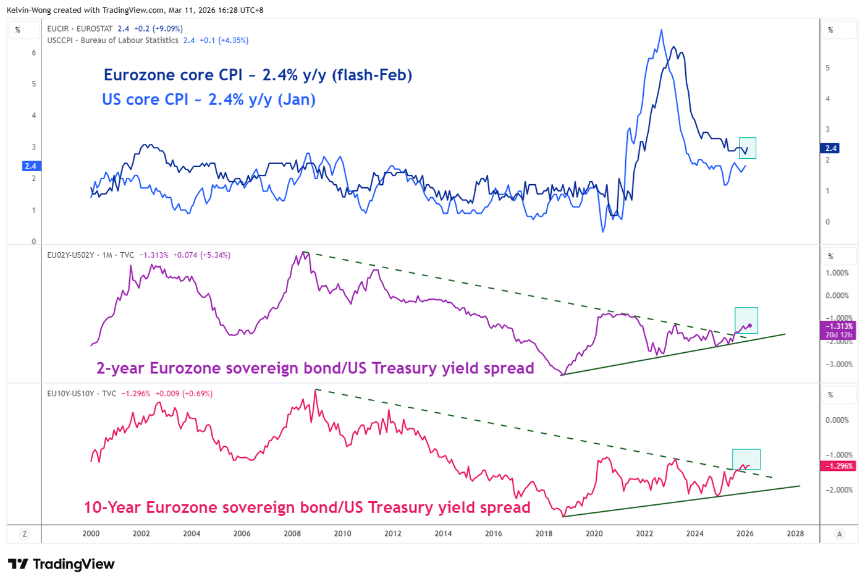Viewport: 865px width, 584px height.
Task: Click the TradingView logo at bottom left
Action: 61,564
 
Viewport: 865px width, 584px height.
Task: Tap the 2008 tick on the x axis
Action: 292,533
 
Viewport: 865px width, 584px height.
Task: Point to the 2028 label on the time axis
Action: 795,533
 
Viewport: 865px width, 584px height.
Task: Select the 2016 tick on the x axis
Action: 494,533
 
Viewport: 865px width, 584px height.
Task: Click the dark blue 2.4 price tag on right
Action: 830,148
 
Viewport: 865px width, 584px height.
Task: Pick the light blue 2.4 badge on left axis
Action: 30,166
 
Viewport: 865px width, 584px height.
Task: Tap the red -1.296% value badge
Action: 839,466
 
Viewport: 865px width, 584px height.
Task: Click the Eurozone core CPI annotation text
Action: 258,75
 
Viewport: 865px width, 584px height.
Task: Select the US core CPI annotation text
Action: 209,99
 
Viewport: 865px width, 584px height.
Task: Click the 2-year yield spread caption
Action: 315,368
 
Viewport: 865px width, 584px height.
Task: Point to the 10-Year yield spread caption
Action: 307,507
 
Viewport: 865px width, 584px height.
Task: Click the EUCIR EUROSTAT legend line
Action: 115,28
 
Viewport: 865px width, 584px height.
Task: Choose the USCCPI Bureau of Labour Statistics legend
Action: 148,40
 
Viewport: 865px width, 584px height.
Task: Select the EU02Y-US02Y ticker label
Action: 70,255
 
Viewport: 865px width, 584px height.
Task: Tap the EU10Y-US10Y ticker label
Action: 70,393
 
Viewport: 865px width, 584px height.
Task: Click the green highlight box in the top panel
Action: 748,148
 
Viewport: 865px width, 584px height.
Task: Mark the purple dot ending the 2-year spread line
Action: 749,326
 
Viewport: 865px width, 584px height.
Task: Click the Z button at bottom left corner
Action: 25,534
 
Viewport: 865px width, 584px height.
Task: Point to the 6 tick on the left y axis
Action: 34,53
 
